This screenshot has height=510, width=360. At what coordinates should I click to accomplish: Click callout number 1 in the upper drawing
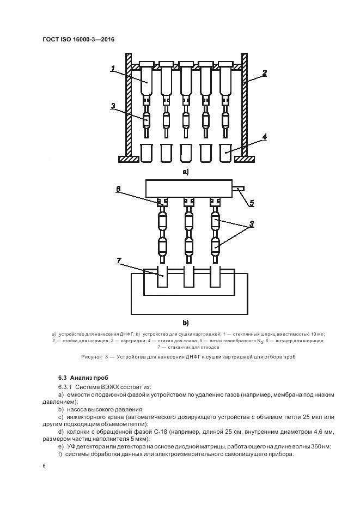113,69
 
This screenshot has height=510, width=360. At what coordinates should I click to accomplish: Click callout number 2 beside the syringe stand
264,72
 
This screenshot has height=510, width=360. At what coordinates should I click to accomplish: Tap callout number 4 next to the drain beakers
264,138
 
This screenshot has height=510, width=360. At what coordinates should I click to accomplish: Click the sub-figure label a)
186,172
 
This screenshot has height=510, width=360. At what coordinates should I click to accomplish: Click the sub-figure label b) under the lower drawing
186,322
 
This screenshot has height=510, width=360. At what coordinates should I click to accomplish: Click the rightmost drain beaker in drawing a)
225,153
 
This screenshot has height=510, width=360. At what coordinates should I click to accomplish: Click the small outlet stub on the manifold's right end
240,189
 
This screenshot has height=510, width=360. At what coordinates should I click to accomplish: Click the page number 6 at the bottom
44,465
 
